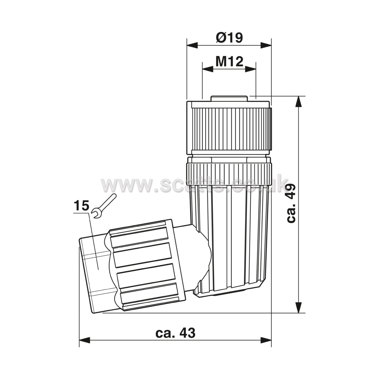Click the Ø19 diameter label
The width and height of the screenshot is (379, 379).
point(229,37)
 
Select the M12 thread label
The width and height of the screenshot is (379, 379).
point(229,62)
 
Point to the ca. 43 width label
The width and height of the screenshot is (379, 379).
point(175,333)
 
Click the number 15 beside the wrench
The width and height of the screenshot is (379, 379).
point(82,206)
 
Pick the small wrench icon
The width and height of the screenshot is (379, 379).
point(104,206)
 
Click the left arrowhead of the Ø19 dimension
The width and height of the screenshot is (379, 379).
point(192,45)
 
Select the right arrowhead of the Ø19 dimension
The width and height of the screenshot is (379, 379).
point(266,45)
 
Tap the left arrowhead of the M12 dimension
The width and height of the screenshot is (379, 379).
point(208,69)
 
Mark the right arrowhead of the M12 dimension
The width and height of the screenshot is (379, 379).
point(251,69)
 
